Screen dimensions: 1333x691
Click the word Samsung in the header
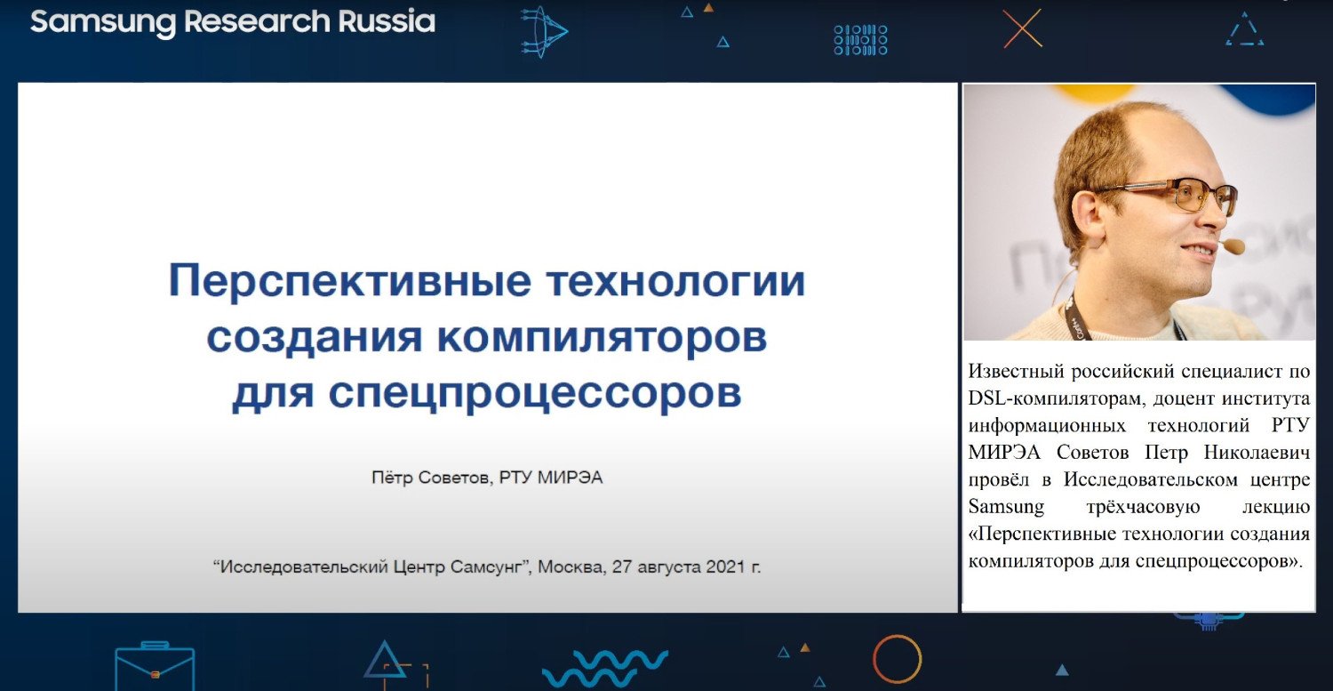click(103, 22)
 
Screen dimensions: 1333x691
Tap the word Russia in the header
click(387, 20)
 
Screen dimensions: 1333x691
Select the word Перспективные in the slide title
click(349, 281)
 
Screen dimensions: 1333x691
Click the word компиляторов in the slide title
click(603, 338)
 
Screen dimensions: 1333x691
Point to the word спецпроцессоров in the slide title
click(535, 392)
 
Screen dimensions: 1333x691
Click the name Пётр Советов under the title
click(431, 478)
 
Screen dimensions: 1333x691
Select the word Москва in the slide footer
click(572, 566)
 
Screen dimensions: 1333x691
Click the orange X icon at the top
click(1022, 28)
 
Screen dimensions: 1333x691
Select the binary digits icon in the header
click(860, 39)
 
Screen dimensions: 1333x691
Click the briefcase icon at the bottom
click(155, 666)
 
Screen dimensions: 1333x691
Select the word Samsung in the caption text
click(1006, 507)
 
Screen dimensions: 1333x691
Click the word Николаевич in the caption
click(1257, 452)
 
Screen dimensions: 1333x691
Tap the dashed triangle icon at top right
click(1245, 29)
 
